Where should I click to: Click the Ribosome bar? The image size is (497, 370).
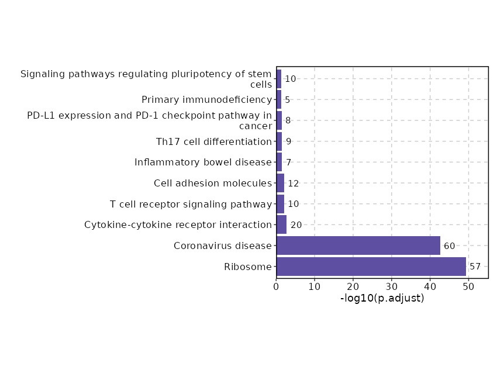pos(371,267)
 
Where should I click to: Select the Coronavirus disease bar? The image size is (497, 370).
pos(358,245)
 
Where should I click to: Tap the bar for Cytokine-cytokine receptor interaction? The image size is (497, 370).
pos(281,225)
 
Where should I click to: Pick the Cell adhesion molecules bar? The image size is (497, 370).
pos(280,183)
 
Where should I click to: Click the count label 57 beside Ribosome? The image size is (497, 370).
pos(475,267)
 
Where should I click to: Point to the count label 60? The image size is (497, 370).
pos(449,246)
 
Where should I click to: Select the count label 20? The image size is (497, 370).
pos(296,225)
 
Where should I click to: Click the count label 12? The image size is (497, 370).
pos(294,184)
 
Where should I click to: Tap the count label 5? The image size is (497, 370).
pos(288,100)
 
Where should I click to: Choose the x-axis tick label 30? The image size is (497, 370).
pos(392,286)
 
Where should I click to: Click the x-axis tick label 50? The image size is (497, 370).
pos(468,286)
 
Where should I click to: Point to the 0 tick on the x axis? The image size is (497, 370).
pos(277,286)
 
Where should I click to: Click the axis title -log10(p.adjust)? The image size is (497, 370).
pos(382,298)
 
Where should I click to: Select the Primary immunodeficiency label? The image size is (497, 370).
pos(207,100)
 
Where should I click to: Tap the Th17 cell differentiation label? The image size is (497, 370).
pos(214,141)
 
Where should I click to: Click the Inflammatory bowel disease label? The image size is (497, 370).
pos(203,162)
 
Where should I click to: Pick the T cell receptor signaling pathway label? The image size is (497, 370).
pos(191,204)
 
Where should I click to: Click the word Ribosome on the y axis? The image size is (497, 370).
pos(248,267)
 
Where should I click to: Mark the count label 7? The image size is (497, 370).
pos(289,162)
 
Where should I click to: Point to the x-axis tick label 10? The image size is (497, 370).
pos(315,286)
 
